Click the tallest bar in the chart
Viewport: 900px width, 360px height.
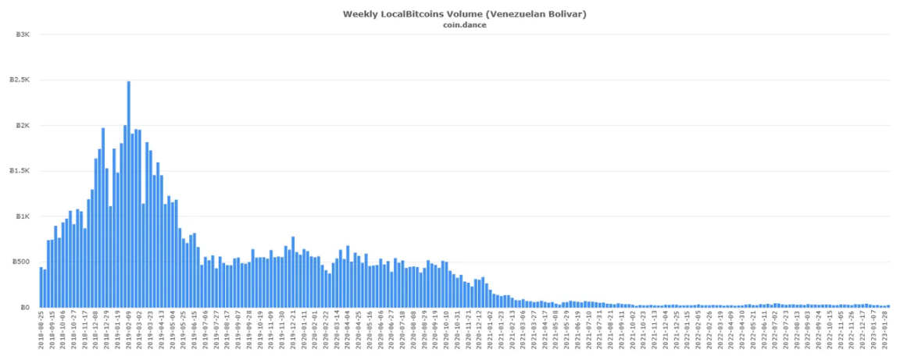click(129, 195)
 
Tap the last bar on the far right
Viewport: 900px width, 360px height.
click(889, 305)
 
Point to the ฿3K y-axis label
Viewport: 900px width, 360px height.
click(23, 34)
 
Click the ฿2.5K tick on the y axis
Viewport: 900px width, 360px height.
click(20, 80)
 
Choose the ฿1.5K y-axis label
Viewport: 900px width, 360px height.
click(20, 170)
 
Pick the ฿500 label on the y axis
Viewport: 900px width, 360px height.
click(22, 262)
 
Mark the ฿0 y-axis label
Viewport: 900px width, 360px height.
click(26, 307)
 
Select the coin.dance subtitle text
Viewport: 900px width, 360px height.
click(464, 24)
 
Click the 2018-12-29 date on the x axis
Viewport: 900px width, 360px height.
click(107, 333)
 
